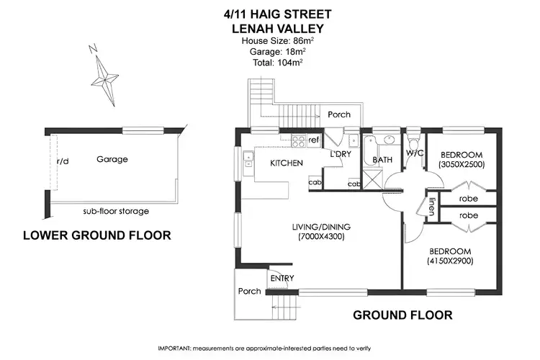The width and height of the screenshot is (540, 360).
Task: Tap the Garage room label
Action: (x=112, y=159)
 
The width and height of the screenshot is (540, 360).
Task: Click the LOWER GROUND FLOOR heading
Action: (x=96, y=235)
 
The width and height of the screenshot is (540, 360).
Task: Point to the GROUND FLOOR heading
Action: (x=402, y=315)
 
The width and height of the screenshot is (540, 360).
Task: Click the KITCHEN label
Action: (x=286, y=163)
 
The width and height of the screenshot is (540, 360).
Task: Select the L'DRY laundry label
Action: (x=339, y=155)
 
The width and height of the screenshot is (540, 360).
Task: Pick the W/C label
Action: (x=414, y=153)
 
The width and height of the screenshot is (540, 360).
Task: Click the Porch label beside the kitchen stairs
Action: (x=339, y=114)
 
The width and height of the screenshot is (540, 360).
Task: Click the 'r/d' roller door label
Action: (x=63, y=161)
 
